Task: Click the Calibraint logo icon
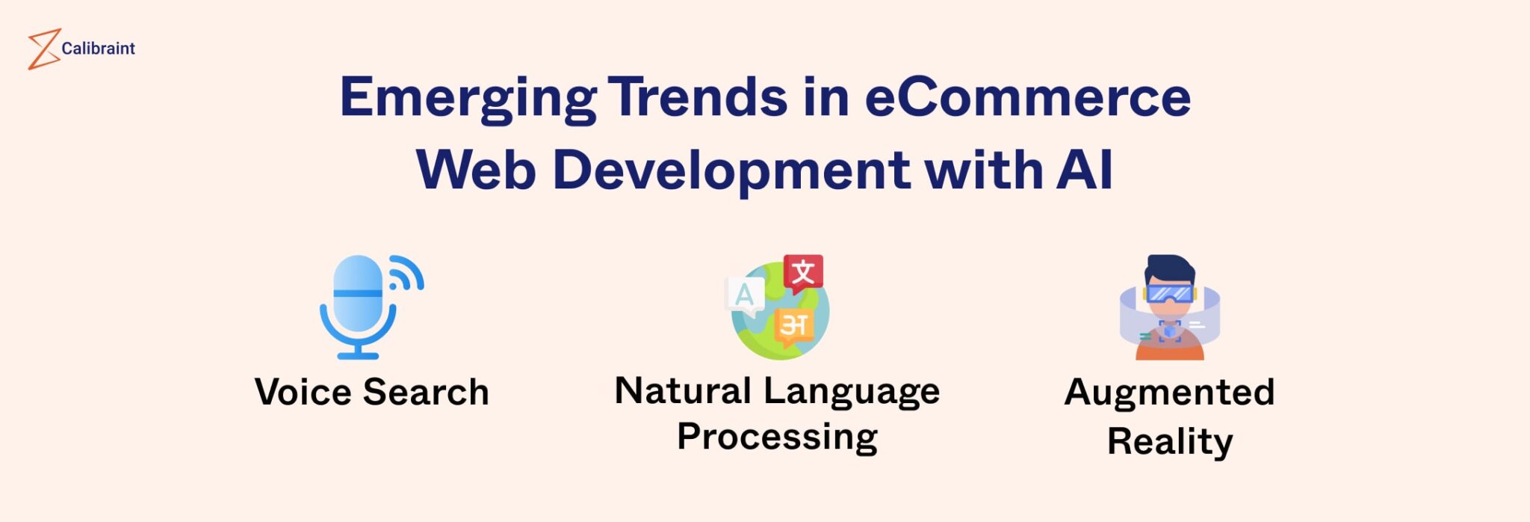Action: tap(43, 49)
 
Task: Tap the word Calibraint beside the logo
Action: tap(98, 49)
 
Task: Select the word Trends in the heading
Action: tap(698, 97)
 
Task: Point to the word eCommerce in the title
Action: tap(1027, 97)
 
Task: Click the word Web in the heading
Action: tap(476, 170)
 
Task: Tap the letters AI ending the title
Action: tap(1085, 170)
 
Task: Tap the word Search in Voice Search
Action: tap(426, 392)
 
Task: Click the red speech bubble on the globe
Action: tap(803, 272)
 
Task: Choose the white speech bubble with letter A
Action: tap(745, 295)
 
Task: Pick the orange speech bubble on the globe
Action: tap(793, 326)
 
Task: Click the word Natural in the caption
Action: tap(683, 390)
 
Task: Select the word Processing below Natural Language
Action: tap(777, 437)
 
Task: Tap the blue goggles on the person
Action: tap(1169, 292)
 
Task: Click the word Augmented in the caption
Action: tap(1169, 392)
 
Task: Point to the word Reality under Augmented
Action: tap(1169, 441)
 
